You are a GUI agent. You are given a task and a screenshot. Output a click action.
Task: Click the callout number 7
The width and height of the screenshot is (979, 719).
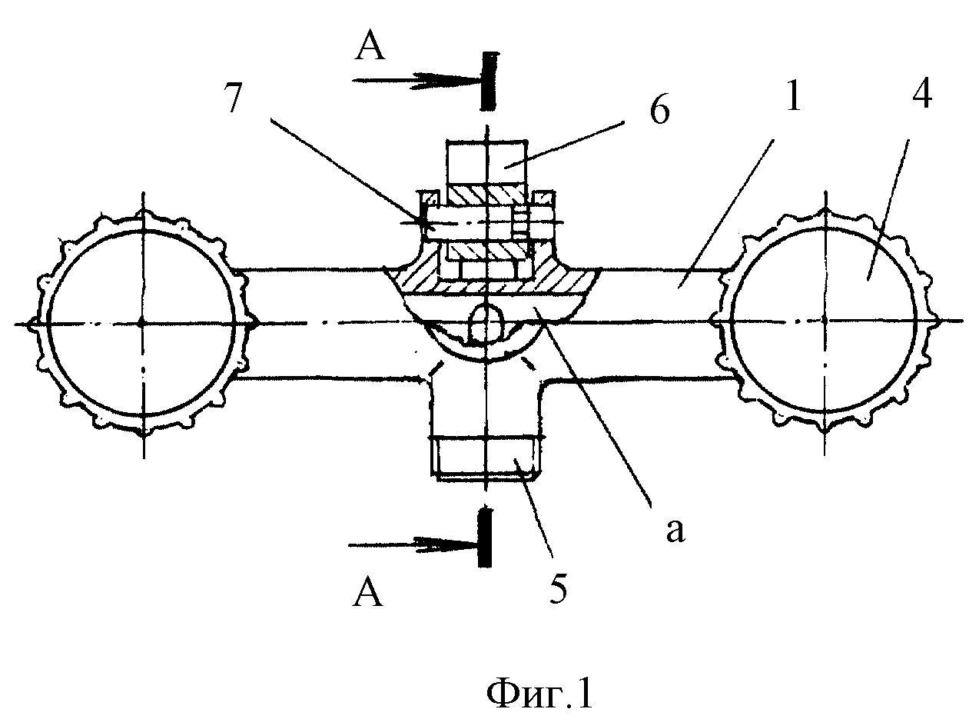pyautogui.click(x=234, y=97)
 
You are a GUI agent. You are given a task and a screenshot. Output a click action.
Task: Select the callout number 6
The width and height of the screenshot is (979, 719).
pyautogui.click(x=659, y=111)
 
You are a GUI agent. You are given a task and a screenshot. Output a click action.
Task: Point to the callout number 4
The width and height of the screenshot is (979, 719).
pyautogui.click(x=921, y=95)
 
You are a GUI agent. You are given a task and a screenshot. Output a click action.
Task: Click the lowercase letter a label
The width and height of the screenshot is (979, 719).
pyautogui.click(x=675, y=531)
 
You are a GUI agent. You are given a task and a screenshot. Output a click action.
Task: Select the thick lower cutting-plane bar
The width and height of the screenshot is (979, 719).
pyautogui.click(x=485, y=538)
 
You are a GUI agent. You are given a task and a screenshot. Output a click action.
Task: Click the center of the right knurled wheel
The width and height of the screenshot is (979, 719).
pyautogui.click(x=825, y=321)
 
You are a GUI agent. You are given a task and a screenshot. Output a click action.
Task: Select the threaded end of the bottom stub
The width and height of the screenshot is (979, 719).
pyautogui.click(x=486, y=458)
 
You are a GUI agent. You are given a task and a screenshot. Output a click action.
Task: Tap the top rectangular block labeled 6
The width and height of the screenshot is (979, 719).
pyautogui.click(x=486, y=161)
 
